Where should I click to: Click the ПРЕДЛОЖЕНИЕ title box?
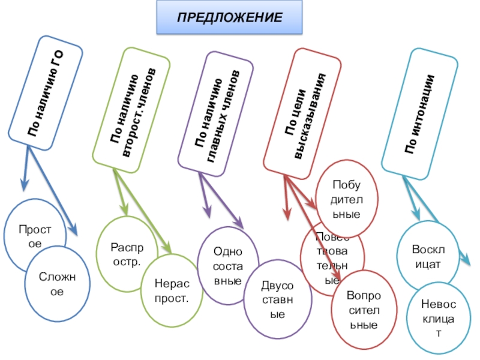point(229,17)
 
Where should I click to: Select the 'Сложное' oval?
point(57,283)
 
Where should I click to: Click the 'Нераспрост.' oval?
point(172,292)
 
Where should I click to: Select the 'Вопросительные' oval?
point(364,310)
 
